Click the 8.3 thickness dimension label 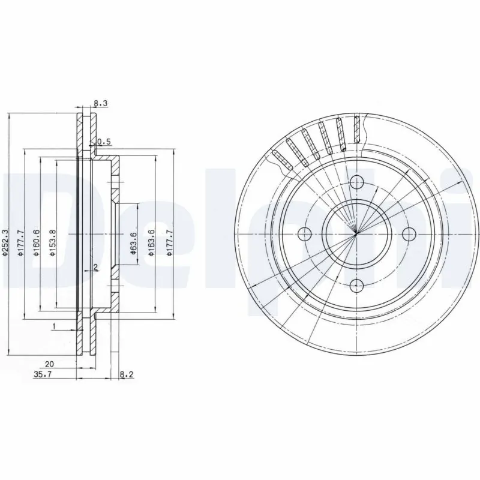click(x=101, y=103)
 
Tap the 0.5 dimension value click(x=105, y=142)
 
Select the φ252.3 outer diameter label click(x=5, y=244)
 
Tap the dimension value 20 click(x=49, y=364)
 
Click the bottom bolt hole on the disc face click(x=356, y=285)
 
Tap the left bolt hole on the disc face click(x=305, y=233)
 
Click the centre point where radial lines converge click(x=356, y=233)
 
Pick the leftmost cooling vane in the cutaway click(x=281, y=158)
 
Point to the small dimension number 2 click(x=95, y=266)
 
